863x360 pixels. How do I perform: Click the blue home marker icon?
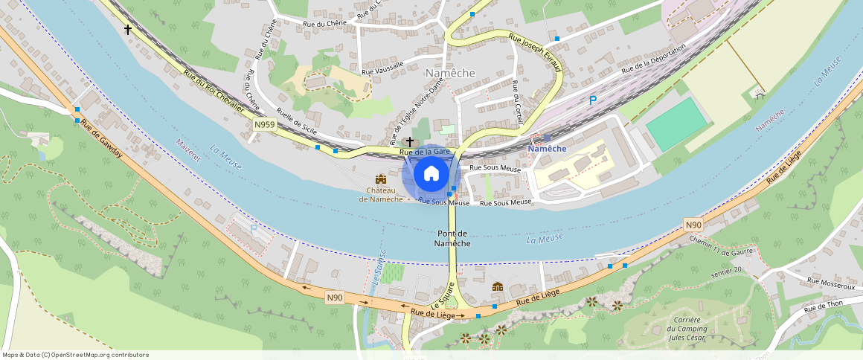431,174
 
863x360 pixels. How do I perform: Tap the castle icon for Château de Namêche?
381,180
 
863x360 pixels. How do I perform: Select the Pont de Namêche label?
452,239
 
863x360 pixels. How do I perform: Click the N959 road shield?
264,125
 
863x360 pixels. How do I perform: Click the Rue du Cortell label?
518,102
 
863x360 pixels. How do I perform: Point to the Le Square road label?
442,296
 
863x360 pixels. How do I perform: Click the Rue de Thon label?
823,306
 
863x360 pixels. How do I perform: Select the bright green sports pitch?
674,124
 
